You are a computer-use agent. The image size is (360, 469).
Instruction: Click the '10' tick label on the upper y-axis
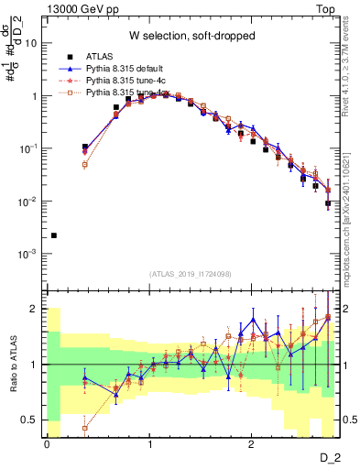coord(30,42)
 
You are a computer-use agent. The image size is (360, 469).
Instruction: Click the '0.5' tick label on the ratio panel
coord(29,420)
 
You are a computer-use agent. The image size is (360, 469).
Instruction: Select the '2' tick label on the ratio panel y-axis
coord(34,309)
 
